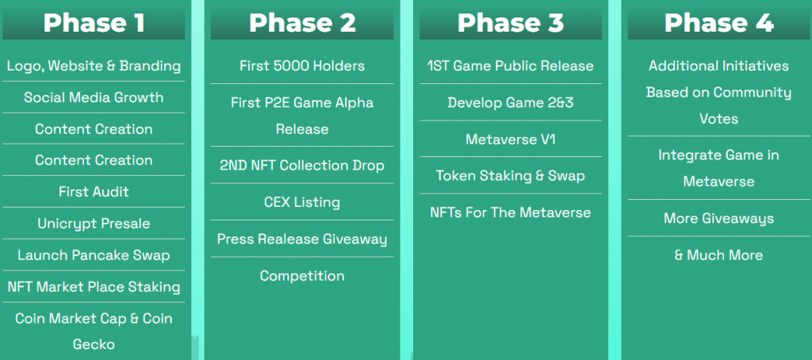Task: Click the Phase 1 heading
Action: (x=94, y=23)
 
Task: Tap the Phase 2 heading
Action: (x=302, y=23)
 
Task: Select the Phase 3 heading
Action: (x=511, y=23)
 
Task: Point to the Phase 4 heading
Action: (x=718, y=23)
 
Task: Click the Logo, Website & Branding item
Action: (x=94, y=67)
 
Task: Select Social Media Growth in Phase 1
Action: (x=94, y=98)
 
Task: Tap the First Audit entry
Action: (x=94, y=192)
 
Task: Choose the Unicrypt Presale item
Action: (x=94, y=224)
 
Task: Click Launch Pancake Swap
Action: (x=94, y=255)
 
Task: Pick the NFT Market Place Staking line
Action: (x=94, y=287)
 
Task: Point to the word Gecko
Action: (x=94, y=344)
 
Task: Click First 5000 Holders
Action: (x=302, y=66)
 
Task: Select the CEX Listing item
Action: (x=302, y=202)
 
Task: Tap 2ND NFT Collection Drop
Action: (x=302, y=165)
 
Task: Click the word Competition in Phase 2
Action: (x=302, y=276)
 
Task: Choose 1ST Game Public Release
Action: (x=511, y=66)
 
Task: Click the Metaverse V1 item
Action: (x=511, y=140)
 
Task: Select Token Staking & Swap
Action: (x=511, y=176)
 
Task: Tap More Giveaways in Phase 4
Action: (x=718, y=219)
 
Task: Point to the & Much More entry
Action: (x=718, y=255)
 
